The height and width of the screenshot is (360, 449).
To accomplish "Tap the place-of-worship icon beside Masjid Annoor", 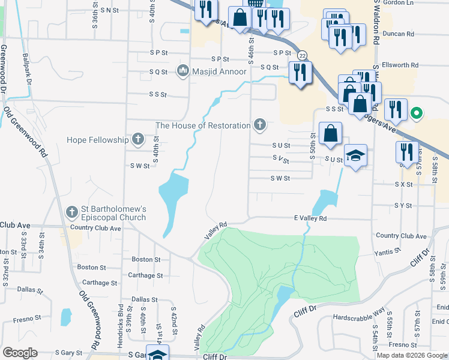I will pyautogui.click(x=182, y=71).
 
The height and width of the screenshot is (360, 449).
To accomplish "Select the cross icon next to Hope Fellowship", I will pyautogui.click(x=138, y=140).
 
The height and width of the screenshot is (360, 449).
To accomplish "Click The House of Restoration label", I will pyautogui.click(x=203, y=125).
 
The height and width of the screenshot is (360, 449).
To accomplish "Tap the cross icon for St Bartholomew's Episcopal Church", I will pyautogui.click(x=72, y=212).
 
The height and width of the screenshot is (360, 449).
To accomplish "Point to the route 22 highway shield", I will pyautogui.click(x=303, y=55).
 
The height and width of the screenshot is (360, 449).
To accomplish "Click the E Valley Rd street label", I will pyautogui.click(x=310, y=219).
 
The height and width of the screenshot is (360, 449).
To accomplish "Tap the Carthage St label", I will pyautogui.click(x=146, y=275).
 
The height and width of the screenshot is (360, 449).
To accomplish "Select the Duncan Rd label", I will pyautogui.click(x=402, y=34).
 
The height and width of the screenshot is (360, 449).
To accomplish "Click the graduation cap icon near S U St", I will pyautogui.click(x=356, y=156).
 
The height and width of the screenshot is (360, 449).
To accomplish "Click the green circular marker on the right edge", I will pyautogui.click(x=415, y=112).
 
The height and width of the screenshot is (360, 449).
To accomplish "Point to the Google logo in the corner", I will pyautogui.click(x=20, y=353).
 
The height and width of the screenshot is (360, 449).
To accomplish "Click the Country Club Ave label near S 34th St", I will pyautogui.click(x=95, y=228).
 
